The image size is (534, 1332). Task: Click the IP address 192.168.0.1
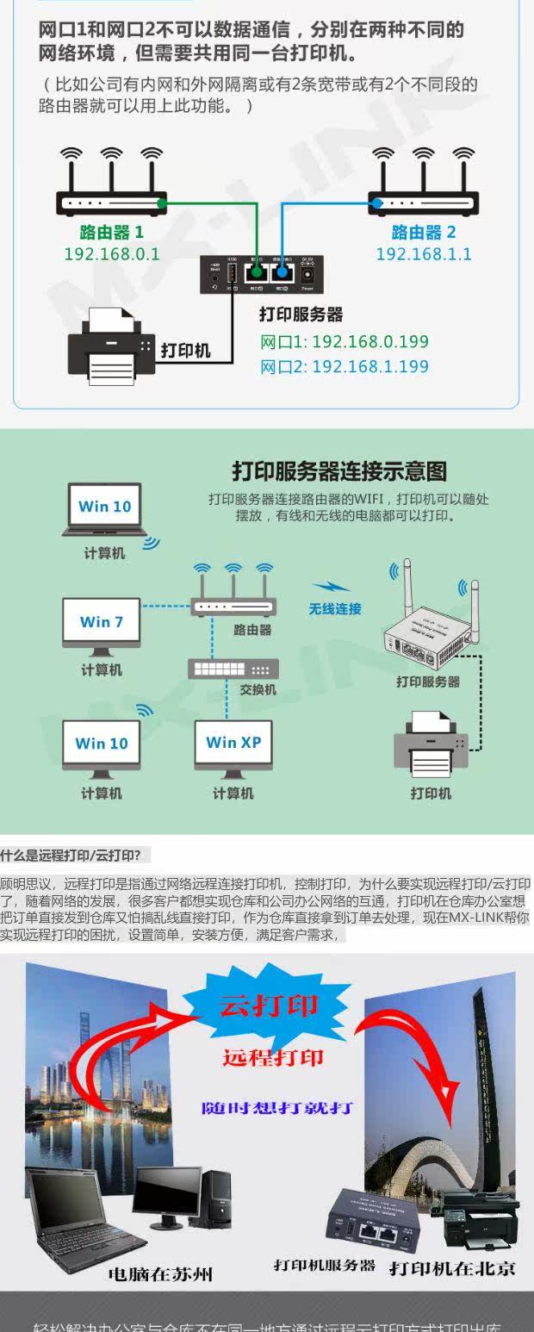pos(112,254)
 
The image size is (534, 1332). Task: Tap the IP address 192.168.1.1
pos(424,254)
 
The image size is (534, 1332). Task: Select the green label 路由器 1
pos(112,233)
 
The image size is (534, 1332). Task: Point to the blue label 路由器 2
pos(424,233)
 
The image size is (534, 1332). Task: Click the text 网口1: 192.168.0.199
pos(345,342)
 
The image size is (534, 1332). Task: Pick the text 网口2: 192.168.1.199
pos(345,367)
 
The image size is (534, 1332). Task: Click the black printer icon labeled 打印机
pos(111,348)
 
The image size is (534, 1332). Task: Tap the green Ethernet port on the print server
pos(255,273)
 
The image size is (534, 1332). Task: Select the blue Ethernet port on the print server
pos(282,273)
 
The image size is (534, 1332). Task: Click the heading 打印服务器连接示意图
pos(339,471)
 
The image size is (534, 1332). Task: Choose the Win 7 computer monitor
pos(102,622)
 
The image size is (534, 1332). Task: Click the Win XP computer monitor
pos(233,743)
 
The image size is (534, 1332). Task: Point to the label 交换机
pos(258,690)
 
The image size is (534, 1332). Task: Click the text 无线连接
pos(335,609)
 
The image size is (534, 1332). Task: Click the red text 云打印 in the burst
pos(269,1005)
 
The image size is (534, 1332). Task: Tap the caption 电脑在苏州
pos(160,1273)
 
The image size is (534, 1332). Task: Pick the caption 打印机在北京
pos(452,1268)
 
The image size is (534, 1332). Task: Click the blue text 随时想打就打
pos(277,1108)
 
